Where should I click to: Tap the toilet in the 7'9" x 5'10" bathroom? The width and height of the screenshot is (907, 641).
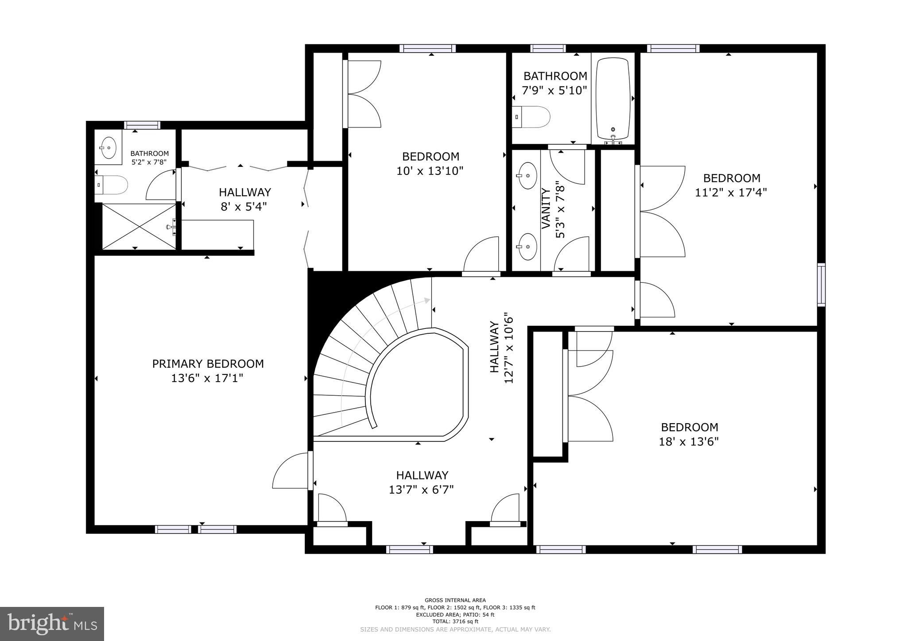coord(531,117)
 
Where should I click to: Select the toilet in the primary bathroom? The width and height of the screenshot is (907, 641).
coord(112,185)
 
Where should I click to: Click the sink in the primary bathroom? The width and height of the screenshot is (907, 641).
coord(108,147)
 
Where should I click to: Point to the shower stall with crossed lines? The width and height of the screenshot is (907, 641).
coord(139,226)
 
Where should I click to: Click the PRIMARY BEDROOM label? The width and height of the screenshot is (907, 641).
coord(208,364)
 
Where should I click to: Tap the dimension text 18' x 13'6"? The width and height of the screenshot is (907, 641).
coord(689,442)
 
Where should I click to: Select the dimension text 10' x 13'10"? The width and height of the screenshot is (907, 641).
coord(430,171)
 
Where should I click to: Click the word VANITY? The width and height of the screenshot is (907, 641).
coord(546,209)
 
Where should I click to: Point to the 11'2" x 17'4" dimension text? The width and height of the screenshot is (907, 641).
coord(731,193)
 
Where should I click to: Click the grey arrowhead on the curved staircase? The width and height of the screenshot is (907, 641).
coord(426,301)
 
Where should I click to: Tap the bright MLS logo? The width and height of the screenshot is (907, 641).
coord(52,624)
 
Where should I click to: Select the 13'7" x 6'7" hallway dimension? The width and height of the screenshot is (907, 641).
coord(422,490)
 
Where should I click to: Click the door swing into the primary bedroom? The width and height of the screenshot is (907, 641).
coord(290,471)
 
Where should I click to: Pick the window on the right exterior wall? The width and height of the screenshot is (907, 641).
coord(821,285)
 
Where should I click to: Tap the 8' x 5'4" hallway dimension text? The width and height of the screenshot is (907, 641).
coord(244,206)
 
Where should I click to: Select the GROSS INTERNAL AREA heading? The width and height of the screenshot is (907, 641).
coord(455,600)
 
